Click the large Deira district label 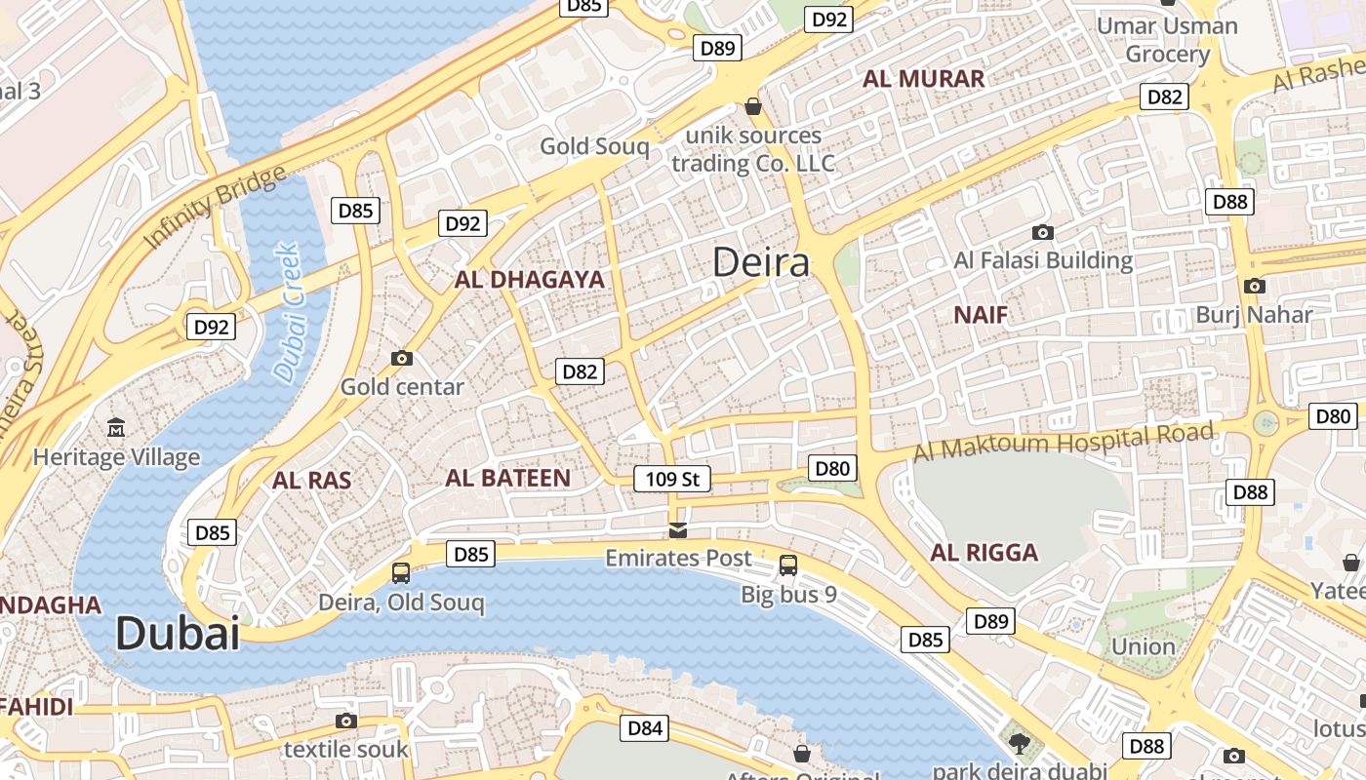pos(761,262)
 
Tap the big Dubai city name pos(178,634)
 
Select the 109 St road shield pos(671,479)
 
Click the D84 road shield pos(645,727)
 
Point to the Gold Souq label pos(594,146)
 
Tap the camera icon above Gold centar pos(401,358)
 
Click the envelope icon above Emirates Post pos(678,530)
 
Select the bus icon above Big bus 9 pos(787,565)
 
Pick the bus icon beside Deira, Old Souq pos(401,572)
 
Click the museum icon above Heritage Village pos(116,427)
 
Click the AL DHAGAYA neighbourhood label pos(530,280)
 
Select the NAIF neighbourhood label pos(981,314)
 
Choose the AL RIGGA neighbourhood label pos(984,553)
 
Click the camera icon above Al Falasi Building pos(1043,232)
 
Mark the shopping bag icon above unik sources pos(752,105)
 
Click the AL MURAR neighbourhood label pos(924,79)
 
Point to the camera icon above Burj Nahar pos(1255,286)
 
